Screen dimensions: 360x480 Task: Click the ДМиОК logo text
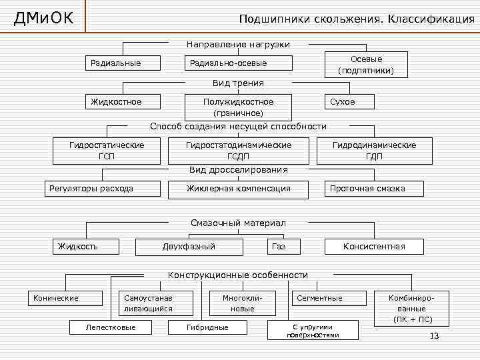click(43, 17)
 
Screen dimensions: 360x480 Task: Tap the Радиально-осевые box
click(238, 63)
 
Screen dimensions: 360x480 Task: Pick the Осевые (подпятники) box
click(366, 65)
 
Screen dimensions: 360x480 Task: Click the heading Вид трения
click(238, 83)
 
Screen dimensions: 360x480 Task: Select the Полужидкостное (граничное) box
click(238, 107)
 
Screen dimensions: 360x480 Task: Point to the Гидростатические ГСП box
click(107, 151)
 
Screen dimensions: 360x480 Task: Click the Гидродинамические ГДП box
click(374, 151)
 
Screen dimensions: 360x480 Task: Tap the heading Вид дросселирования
click(238, 169)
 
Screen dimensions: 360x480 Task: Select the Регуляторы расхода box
click(102, 189)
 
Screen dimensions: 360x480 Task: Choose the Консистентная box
click(374, 247)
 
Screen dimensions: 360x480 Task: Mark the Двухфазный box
click(189, 247)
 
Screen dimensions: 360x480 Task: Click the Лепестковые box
click(111, 327)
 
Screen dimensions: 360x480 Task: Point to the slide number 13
click(435, 336)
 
